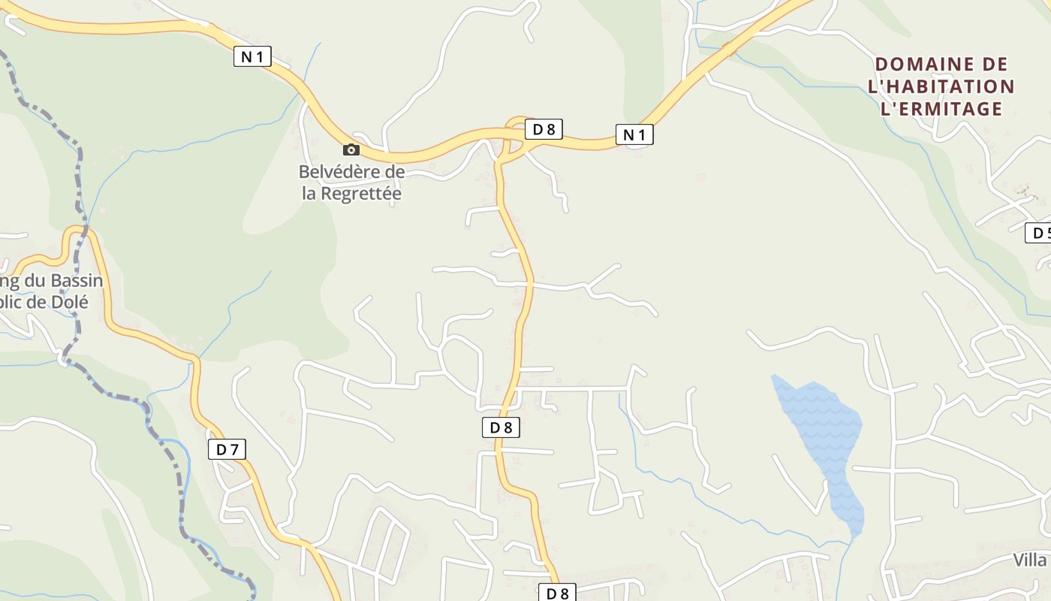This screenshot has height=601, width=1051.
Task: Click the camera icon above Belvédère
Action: pyautogui.click(x=351, y=149)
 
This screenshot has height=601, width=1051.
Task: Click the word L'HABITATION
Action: pyautogui.click(x=941, y=86)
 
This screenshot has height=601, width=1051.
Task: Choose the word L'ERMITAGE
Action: pyautogui.click(x=941, y=109)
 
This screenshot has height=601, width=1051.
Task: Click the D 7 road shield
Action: pyautogui.click(x=227, y=449)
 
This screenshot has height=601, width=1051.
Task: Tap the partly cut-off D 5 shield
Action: pyautogui.click(x=1039, y=233)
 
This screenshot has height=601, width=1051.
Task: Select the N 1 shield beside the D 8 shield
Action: pyautogui.click(x=634, y=134)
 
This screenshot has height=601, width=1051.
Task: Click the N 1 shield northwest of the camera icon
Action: pyautogui.click(x=252, y=56)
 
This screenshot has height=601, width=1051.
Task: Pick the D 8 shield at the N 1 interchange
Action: pyautogui.click(x=544, y=129)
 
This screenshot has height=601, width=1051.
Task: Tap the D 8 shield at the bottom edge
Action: pyautogui.click(x=557, y=593)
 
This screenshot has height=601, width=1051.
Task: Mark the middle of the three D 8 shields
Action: pyautogui.click(x=501, y=427)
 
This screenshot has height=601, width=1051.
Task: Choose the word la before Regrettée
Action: pyautogui.click(x=310, y=193)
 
